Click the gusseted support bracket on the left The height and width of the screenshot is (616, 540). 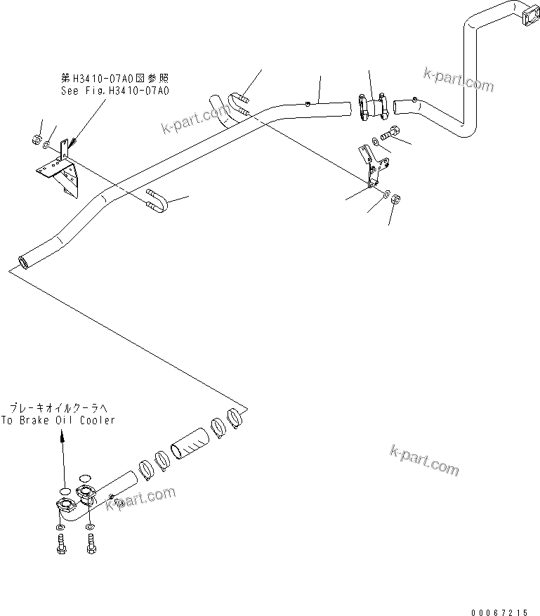pyautogui.click(x=62, y=169)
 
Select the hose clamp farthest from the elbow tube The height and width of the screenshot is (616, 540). pyautogui.click(x=233, y=417)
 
